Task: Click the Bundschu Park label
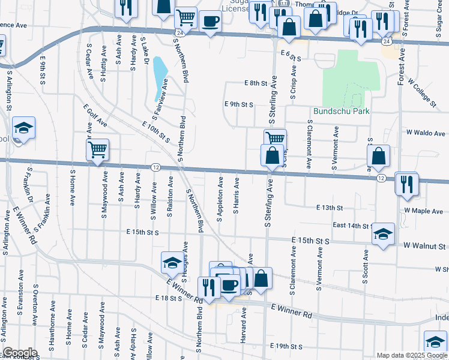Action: [341, 112]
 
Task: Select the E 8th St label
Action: [255, 83]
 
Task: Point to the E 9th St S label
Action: [239, 104]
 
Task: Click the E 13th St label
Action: [330, 208]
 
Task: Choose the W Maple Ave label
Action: [423, 211]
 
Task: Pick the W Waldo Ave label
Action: [426, 133]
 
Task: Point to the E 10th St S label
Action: [156, 131]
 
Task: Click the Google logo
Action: [20, 353]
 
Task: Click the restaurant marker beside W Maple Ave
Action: [406, 184]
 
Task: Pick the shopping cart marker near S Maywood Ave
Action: [97, 149]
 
